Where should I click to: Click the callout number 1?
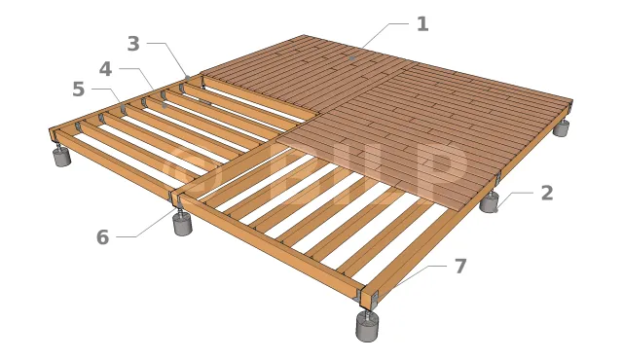(x=422, y=24)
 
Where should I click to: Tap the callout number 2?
(x=547, y=193)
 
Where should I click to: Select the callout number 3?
(x=133, y=44)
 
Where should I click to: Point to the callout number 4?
(x=106, y=69)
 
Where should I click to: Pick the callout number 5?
(x=79, y=90)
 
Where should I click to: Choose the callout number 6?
(x=102, y=237)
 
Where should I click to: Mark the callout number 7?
(x=460, y=266)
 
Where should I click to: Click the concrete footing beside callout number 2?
(x=489, y=203)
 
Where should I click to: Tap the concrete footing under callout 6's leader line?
(x=183, y=225)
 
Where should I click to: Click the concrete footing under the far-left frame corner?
(x=62, y=157)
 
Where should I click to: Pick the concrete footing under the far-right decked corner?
(x=562, y=128)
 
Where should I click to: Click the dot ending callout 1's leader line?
(x=351, y=58)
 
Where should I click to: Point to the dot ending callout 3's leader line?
(x=187, y=77)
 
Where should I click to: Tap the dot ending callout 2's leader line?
(x=495, y=210)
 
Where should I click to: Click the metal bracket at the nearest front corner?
(x=368, y=299)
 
